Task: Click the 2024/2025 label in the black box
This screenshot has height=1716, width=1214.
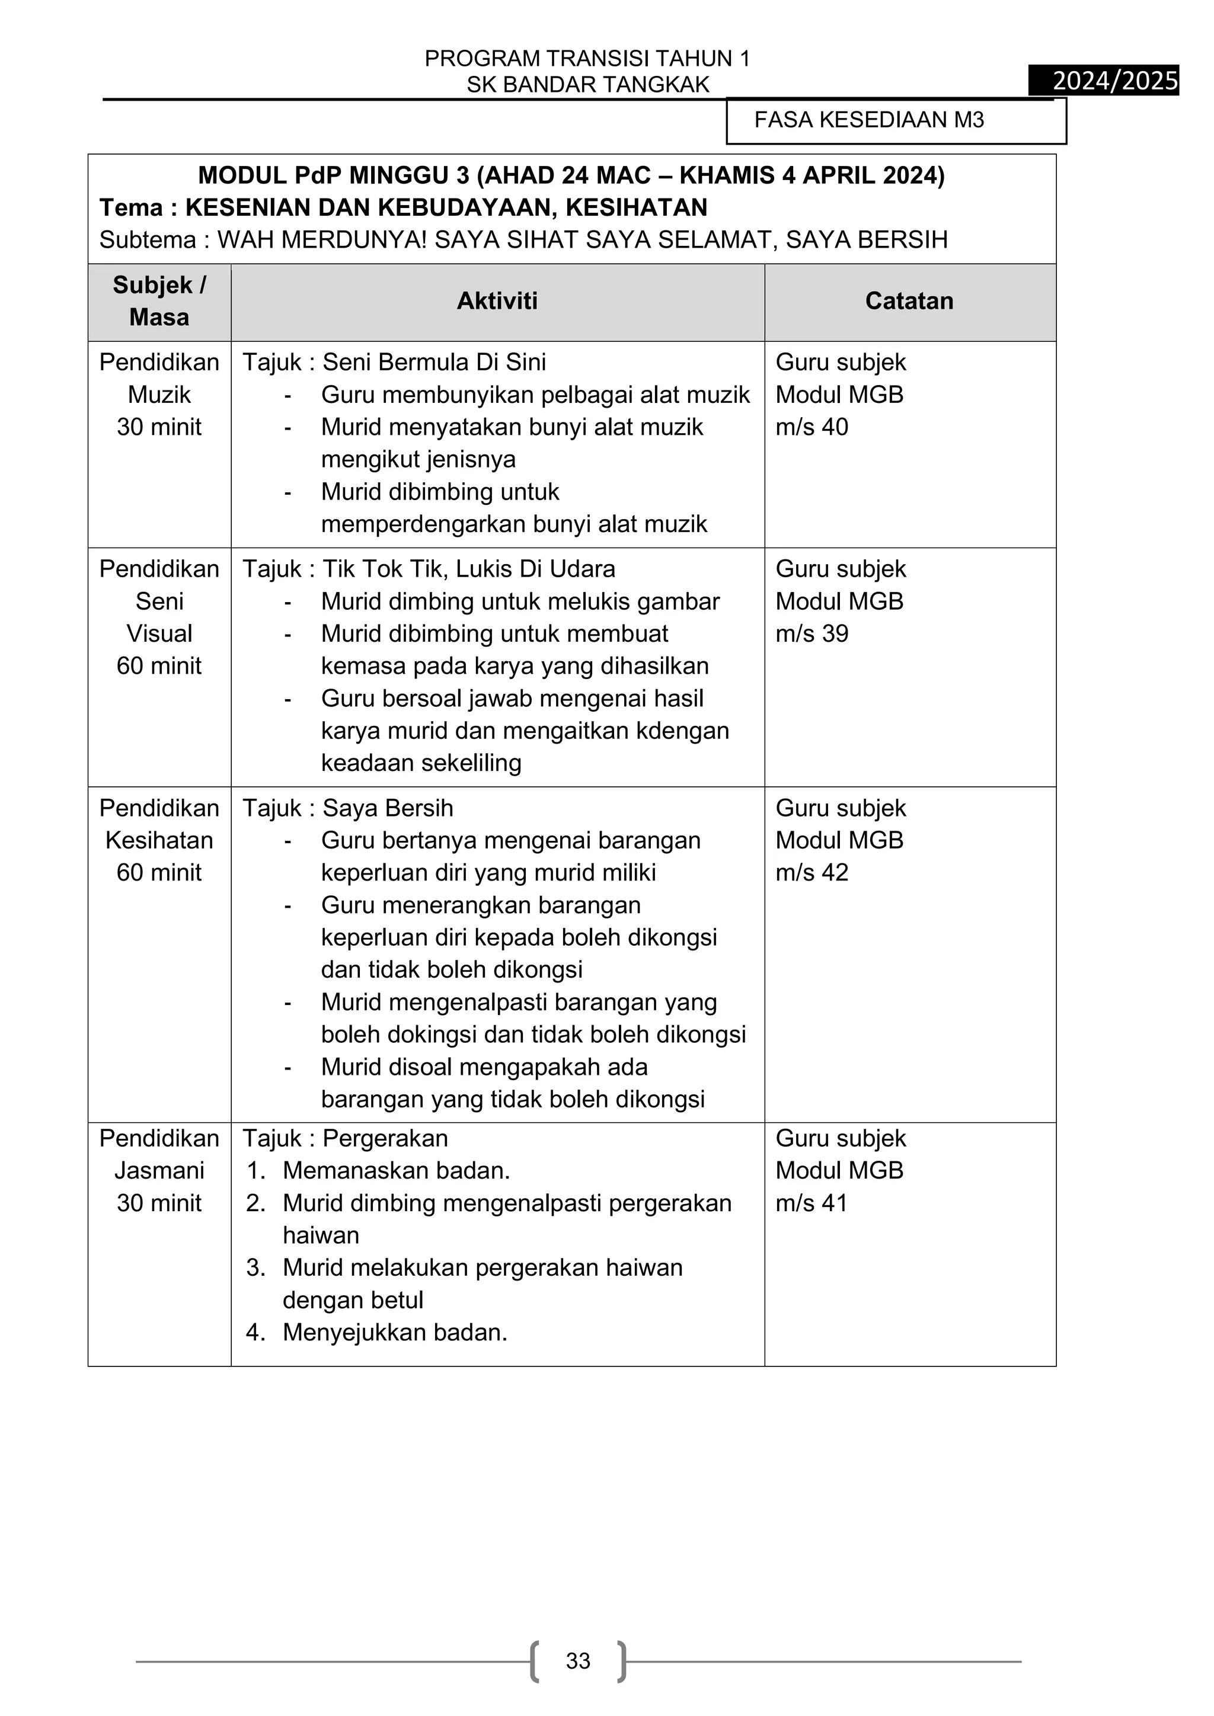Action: [1114, 80]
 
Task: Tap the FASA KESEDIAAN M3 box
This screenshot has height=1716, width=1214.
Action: [895, 120]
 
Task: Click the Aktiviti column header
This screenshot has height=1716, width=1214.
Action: [497, 301]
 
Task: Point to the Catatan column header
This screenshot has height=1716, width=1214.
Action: [909, 301]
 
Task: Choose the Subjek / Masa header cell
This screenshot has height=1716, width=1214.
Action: [159, 301]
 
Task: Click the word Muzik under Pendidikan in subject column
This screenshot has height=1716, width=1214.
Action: [159, 395]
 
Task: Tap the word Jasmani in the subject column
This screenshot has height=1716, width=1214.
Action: [159, 1170]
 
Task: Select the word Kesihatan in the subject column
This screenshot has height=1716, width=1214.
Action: [159, 840]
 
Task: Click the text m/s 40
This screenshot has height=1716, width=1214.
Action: [812, 427]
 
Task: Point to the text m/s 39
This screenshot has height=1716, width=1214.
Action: [812, 634]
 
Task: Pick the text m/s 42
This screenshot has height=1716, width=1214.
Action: [812, 873]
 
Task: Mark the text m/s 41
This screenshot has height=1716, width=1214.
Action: [812, 1203]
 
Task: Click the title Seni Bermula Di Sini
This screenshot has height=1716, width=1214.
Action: [433, 363]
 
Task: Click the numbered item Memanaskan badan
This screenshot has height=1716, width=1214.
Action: [396, 1170]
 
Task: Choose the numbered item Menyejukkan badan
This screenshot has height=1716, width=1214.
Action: [395, 1333]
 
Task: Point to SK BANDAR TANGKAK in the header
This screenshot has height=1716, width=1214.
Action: [587, 85]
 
